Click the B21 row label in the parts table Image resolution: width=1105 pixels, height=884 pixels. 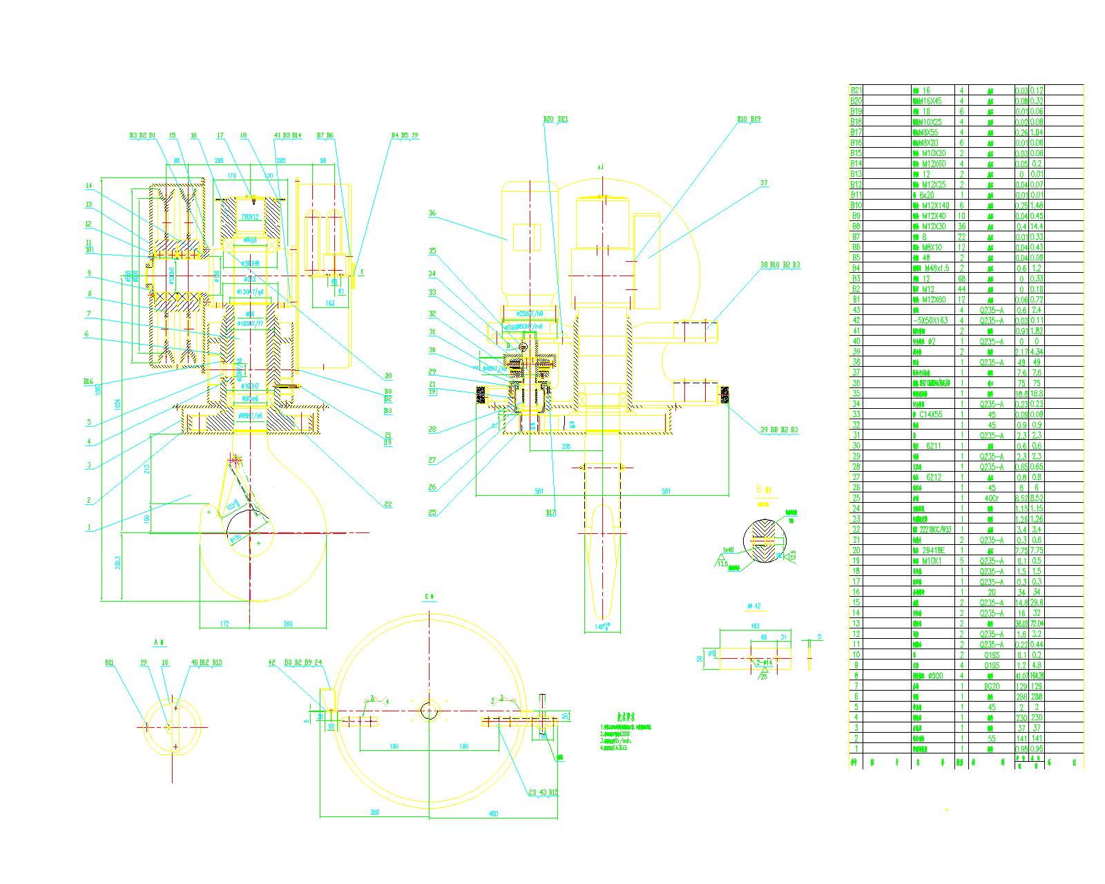click(856, 90)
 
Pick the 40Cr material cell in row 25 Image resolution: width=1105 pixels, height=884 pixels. click(990, 498)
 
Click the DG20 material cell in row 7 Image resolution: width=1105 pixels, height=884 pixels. click(990, 686)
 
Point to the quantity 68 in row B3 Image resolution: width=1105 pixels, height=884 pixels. click(961, 278)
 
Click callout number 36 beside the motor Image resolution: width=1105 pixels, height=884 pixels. click(432, 213)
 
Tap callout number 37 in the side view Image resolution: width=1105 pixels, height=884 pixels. click(764, 183)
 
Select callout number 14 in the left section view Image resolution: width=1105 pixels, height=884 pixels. click(88, 186)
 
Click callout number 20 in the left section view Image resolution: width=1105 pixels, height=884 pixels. click(388, 376)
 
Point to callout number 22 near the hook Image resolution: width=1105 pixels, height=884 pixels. click(388, 504)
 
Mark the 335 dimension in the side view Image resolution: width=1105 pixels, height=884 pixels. click(566, 447)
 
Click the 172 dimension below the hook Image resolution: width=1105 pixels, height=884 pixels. click(224, 624)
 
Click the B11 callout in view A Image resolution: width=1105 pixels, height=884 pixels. click(109, 662)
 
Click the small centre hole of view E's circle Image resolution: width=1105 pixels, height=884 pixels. click(429, 709)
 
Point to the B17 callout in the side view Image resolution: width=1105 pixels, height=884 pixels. click(550, 512)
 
